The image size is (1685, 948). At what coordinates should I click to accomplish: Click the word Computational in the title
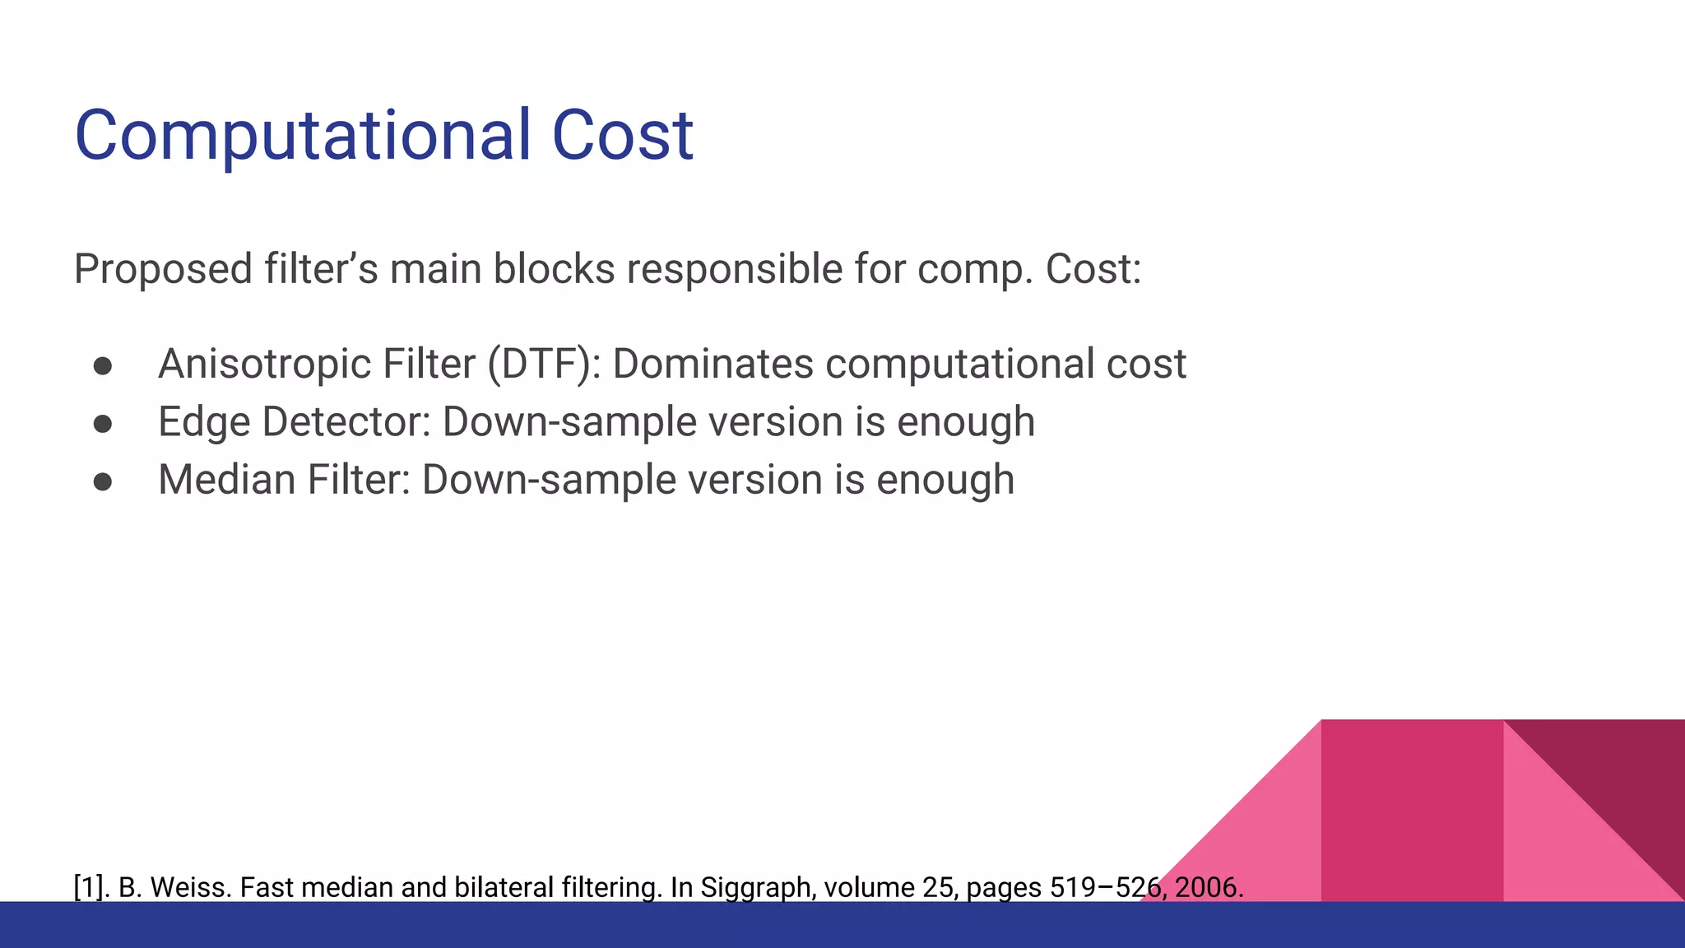click(303, 136)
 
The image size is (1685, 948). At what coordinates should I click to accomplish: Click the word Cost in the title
click(623, 136)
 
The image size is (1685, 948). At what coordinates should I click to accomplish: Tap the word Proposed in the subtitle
click(163, 270)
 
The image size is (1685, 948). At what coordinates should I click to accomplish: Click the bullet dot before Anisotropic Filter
click(103, 366)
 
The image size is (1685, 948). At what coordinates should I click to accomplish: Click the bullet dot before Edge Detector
click(103, 424)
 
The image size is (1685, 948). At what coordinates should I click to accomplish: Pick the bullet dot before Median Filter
click(103, 481)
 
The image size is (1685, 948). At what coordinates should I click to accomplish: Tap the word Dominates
click(713, 364)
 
